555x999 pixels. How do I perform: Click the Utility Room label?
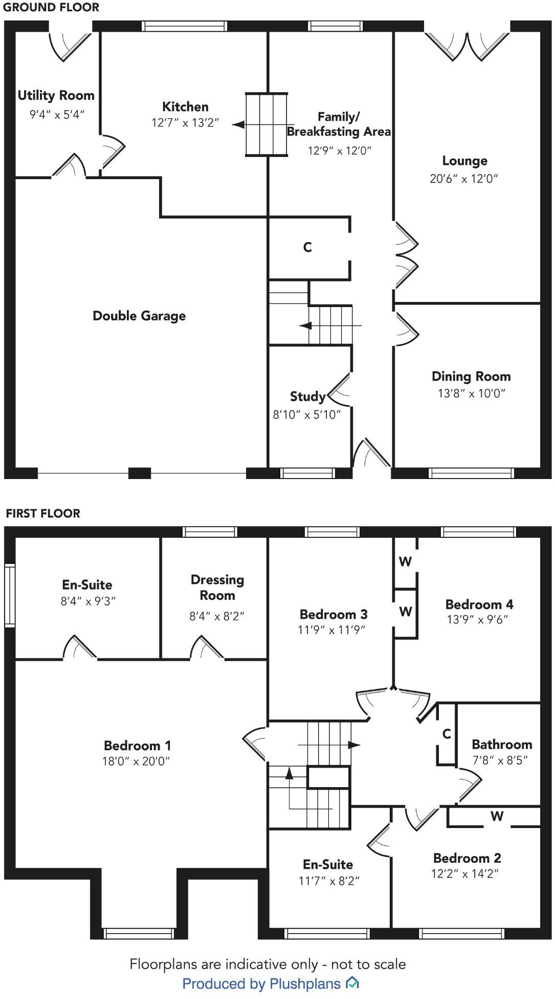coord(56,95)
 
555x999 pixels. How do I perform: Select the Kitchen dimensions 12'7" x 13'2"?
coord(185,123)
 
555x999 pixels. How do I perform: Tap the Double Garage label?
coord(139,316)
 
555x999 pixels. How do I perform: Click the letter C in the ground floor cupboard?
coord(307,247)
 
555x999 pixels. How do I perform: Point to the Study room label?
coord(307,396)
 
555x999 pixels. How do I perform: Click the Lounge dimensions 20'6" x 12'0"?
coord(464,179)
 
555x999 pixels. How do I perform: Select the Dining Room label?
coord(471,377)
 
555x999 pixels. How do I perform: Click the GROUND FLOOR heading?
coord(51,7)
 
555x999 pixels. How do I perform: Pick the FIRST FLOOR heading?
coord(43,513)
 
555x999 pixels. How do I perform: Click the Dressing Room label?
coord(217,588)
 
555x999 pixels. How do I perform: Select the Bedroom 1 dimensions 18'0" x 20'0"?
coord(136,761)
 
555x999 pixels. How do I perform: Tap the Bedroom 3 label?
coord(334,614)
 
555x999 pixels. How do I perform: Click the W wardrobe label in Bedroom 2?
coord(497,816)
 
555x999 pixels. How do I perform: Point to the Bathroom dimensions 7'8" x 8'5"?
coord(500,761)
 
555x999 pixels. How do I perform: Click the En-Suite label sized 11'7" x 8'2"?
coord(328,864)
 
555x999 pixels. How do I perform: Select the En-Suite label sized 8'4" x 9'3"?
coord(87,584)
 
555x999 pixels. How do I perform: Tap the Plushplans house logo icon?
coord(352,983)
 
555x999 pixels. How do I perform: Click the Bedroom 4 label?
coord(479,604)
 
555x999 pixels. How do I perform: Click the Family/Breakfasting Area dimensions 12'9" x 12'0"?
coord(340,150)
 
